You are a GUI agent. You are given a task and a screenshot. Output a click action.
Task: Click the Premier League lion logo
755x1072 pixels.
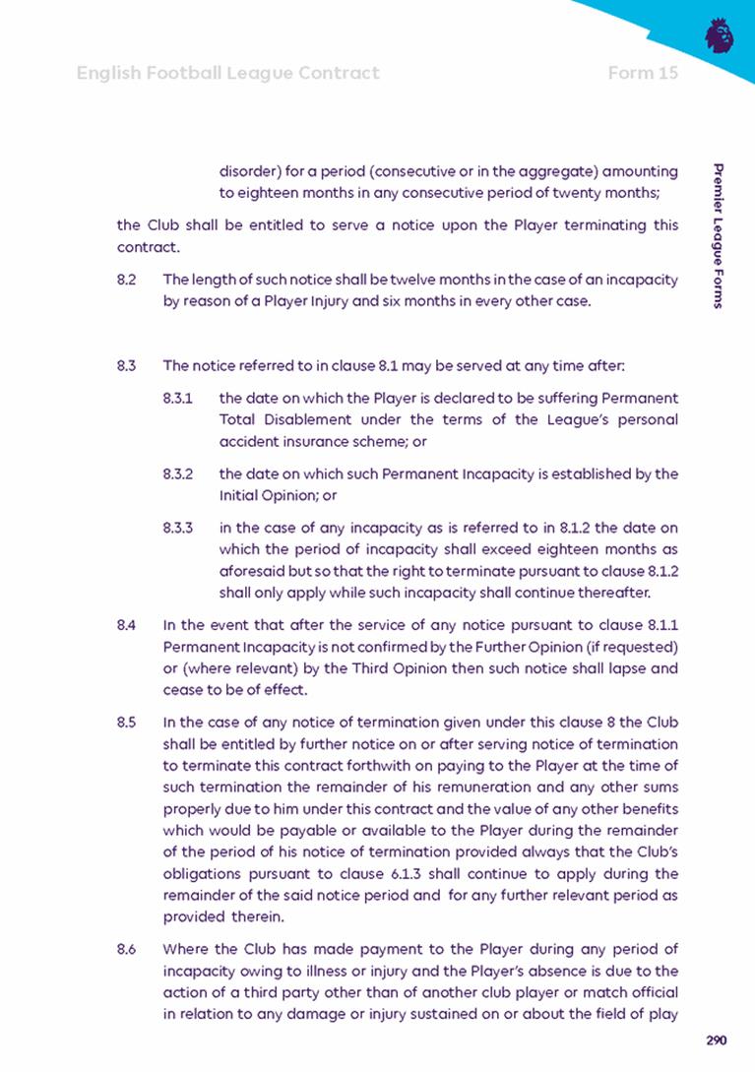[720, 36]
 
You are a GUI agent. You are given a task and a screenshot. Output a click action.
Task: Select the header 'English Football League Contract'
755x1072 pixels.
[227, 73]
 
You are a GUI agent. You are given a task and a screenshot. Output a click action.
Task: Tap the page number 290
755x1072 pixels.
[717, 1040]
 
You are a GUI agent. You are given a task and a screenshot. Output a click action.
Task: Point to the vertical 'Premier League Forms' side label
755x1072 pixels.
[721, 236]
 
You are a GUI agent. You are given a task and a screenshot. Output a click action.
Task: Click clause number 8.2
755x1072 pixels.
[125, 281]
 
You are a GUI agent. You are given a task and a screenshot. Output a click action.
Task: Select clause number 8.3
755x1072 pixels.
[125, 366]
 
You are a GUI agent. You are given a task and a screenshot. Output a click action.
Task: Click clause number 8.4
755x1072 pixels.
[125, 624]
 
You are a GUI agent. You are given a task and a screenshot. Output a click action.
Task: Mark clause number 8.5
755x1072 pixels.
[125, 721]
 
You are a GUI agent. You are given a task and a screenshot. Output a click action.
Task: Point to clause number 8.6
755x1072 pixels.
[125, 949]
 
